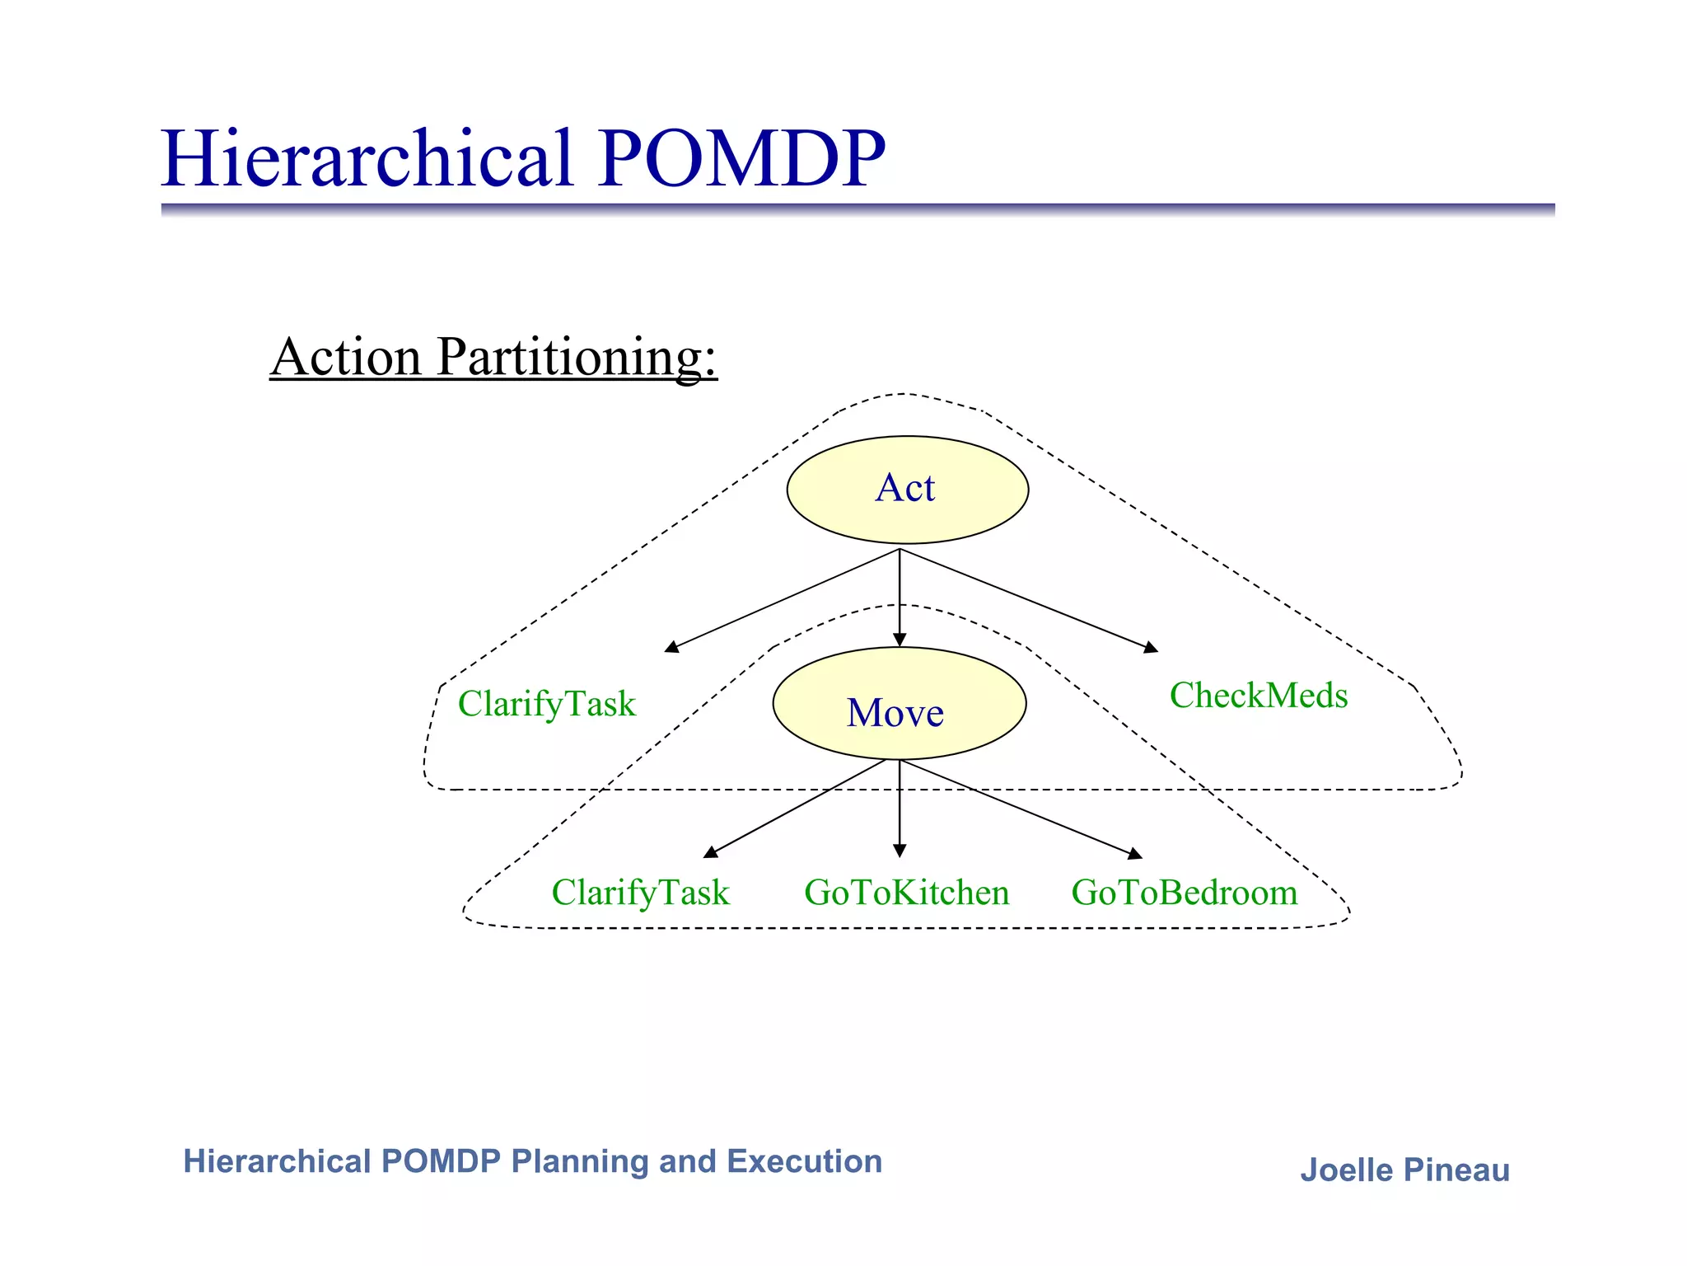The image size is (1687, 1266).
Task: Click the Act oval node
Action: pyautogui.click(x=907, y=489)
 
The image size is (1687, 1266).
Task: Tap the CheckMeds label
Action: pyautogui.click(x=1258, y=696)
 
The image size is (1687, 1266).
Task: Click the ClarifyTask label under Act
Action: pyautogui.click(x=547, y=705)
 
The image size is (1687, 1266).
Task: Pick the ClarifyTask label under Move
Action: pyautogui.click(x=640, y=893)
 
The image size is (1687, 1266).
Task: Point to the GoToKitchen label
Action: pyautogui.click(x=906, y=893)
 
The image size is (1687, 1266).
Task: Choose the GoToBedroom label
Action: pyautogui.click(x=1184, y=893)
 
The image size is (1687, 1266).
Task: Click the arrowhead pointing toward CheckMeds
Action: pyautogui.click(x=1152, y=648)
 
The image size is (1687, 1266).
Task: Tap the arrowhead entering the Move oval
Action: pyautogui.click(x=900, y=640)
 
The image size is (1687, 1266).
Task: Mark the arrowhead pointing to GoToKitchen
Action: pyautogui.click(x=900, y=851)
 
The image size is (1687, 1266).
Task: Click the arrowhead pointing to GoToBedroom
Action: pyautogui.click(x=1136, y=854)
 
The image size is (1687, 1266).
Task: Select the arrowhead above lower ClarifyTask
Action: pyautogui.click(x=710, y=852)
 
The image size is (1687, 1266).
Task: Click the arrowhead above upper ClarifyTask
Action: pyautogui.click(x=671, y=647)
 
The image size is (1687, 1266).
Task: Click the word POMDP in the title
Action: pyautogui.click(x=741, y=158)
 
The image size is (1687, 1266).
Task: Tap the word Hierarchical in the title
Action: pyautogui.click(x=367, y=158)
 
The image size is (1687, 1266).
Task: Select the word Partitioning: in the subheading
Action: pyautogui.click(x=577, y=358)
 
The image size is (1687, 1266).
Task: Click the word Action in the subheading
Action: pyautogui.click(x=346, y=358)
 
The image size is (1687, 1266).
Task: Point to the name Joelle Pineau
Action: pyautogui.click(x=1404, y=1170)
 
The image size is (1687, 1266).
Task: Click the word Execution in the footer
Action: pyautogui.click(x=804, y=1161)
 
